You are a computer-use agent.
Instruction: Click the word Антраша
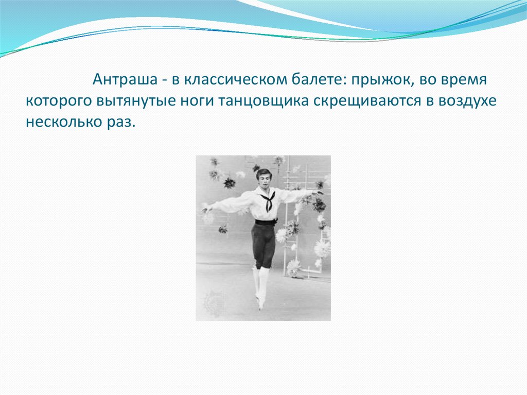[125, 80]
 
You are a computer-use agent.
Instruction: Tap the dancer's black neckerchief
[268, 200]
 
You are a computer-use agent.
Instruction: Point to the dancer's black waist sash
[265, 222]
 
